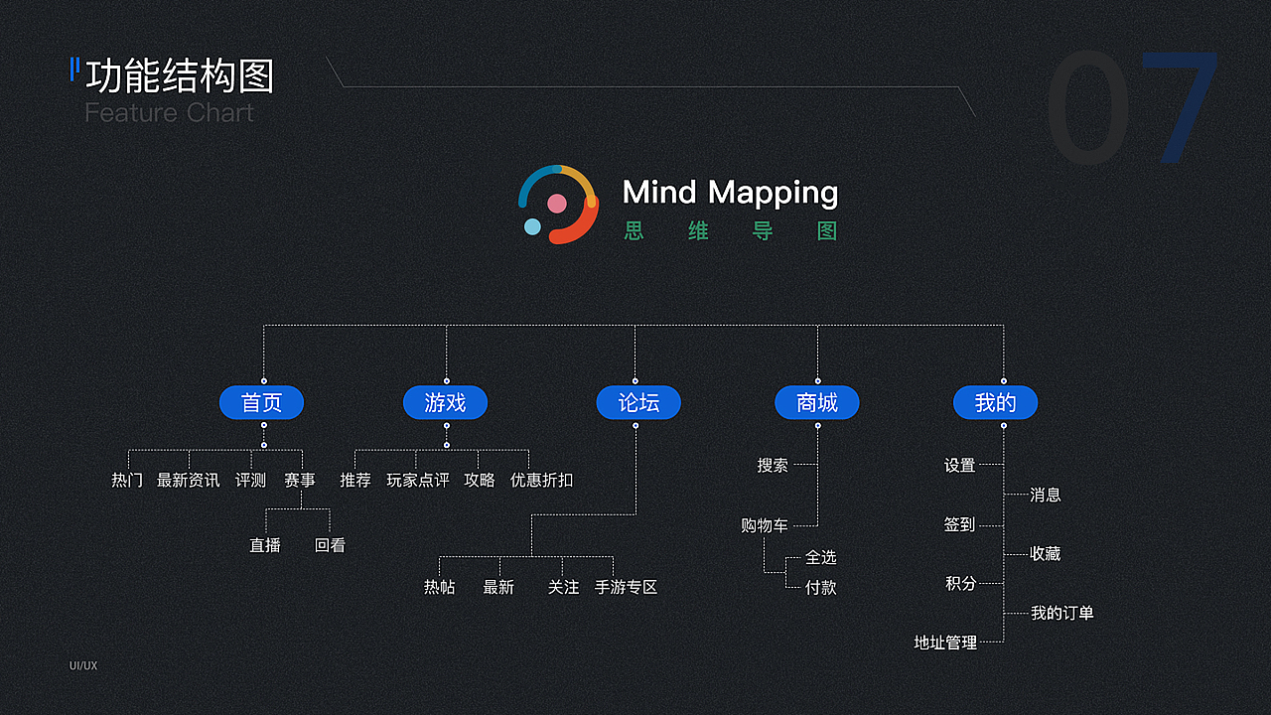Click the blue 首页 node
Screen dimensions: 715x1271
tap(261, 402)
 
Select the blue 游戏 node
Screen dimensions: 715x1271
tap(445, 402)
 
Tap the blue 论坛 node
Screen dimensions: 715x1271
tap(638, 402)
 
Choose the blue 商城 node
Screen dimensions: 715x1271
tap(817, 402)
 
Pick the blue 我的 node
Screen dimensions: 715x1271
tap(995, 402)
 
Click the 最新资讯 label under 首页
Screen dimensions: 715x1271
tap(189, 481)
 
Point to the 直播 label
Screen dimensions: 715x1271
tap(265, 545)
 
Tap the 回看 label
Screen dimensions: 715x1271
tap(330, 545)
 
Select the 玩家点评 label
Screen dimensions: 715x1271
tap(417, 481)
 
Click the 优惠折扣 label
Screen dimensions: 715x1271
tap(541, 481)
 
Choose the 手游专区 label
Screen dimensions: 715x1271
tap(626, 588)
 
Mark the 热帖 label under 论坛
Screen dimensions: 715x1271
tap(439, 588)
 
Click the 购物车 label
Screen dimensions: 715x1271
tap(765, 525)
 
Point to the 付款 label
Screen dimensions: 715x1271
tap(821, 588)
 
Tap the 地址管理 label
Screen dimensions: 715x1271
tap(945, 643)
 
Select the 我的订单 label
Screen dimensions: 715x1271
tap(1061, 614)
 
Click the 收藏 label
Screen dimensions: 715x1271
tap(1046, 554)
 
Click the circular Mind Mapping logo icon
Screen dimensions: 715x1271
tap(558, 204)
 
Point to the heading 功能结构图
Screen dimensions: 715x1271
tap(180, 76)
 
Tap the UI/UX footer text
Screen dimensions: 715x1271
tap(83, 665)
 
